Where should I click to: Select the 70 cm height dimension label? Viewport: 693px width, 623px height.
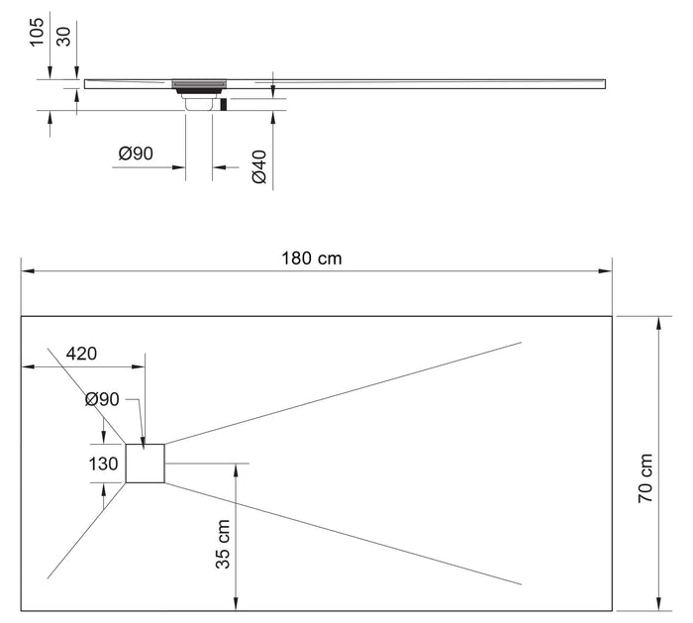(x=645, y=479)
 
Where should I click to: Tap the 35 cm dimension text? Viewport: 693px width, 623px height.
(x=223, y=544)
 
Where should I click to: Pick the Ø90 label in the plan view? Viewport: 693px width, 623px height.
(x=102, y=399)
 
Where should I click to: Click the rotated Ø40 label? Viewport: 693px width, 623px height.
(x=259, y=165)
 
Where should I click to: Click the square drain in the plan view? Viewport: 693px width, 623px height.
(x=145, y=464)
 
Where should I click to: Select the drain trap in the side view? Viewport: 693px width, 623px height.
(x=199, y=98)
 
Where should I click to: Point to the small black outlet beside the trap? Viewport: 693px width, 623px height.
(x=224, y=103)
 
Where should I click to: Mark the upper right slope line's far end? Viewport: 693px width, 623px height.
(x=521, y=343)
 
